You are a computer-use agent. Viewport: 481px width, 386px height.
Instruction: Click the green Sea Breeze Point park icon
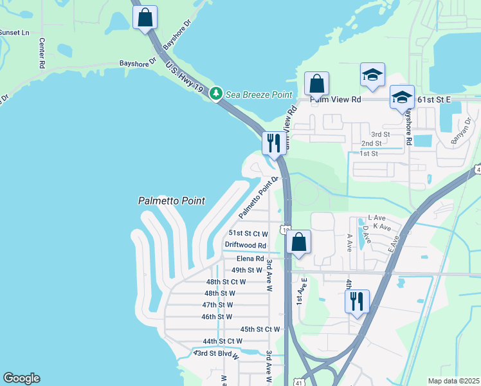[x=217, y=95]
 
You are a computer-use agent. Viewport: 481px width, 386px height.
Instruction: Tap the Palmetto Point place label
[x=172, y=201]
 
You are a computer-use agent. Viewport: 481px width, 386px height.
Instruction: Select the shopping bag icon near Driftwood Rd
[x=299, y=243]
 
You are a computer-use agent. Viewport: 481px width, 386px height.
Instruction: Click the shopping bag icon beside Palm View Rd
[x=316, y=84]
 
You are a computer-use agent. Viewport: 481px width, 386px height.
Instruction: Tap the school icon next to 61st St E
[x=402, y=98]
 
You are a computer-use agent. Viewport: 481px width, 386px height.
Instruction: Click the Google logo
[x=21, y=378]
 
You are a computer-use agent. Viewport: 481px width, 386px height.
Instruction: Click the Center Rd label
[x=42, y=53]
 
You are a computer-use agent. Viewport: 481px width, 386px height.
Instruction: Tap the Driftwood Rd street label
[x=246, y=245]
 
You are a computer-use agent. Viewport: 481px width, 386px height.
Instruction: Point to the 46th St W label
[x=217, y=317]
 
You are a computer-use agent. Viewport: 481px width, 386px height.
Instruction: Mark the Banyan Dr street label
[x=460, y=131]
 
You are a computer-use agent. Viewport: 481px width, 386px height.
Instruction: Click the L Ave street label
[x=375, y=218]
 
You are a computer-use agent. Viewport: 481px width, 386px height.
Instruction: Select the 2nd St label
[x=371, y=143]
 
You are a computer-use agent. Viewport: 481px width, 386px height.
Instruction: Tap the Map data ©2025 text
[x=453, y=381]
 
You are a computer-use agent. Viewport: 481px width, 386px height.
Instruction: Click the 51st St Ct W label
[x=248, y=233]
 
